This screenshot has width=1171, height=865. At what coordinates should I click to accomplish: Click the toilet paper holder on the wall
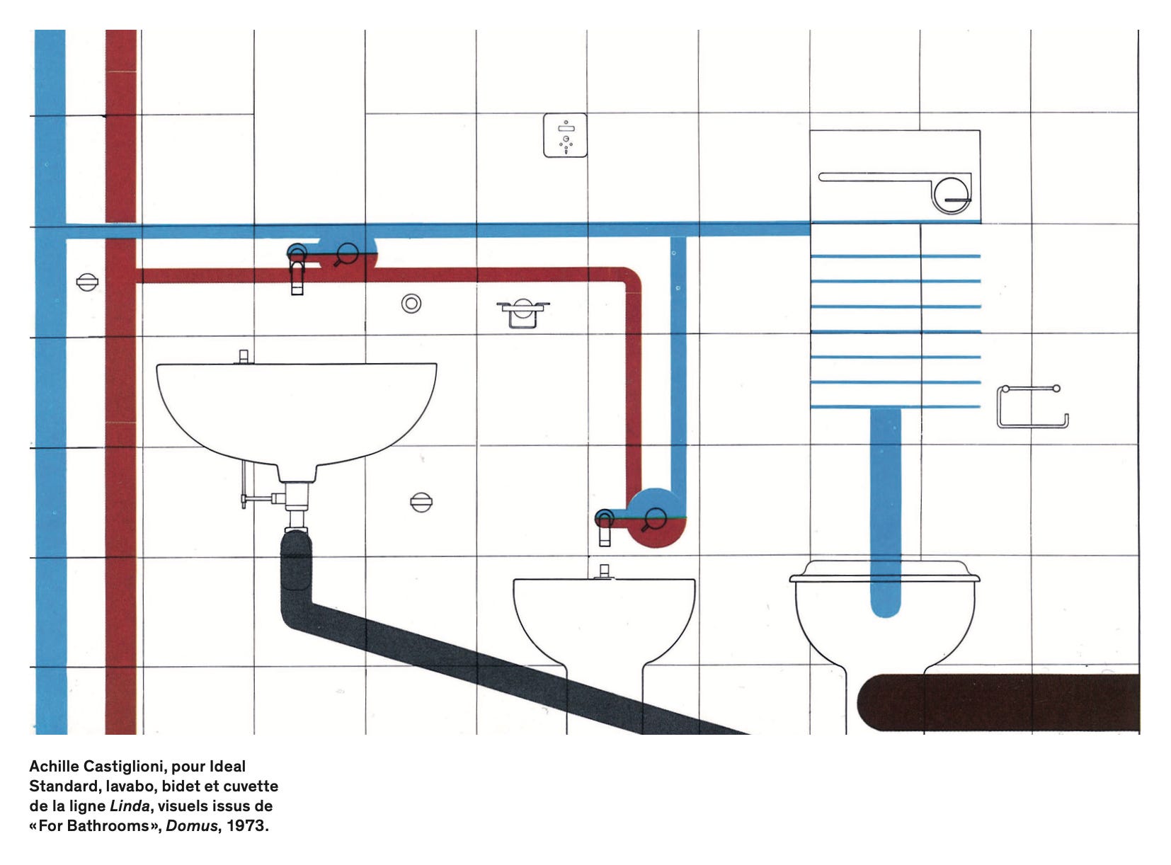pos(1032,407)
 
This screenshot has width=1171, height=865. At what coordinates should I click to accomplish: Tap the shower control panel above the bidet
pos(565,135)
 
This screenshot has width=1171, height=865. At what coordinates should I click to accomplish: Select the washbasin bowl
pos(296,411)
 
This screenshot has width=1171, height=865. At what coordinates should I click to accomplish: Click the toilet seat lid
pos(884,572)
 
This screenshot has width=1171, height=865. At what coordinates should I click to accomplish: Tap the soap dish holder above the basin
pos(523,313)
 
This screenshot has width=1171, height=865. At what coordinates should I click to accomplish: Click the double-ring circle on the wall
pos(411,304)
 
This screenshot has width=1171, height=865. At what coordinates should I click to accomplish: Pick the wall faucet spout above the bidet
pos(605,529)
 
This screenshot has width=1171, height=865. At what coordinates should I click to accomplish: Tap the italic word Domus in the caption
pos(190,825)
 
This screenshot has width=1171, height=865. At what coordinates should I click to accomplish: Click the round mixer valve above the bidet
pos(655,520)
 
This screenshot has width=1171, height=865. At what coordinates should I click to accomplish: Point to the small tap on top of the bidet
pos(604,571)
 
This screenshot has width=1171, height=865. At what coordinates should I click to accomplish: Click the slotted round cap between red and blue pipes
pos(87,283)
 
